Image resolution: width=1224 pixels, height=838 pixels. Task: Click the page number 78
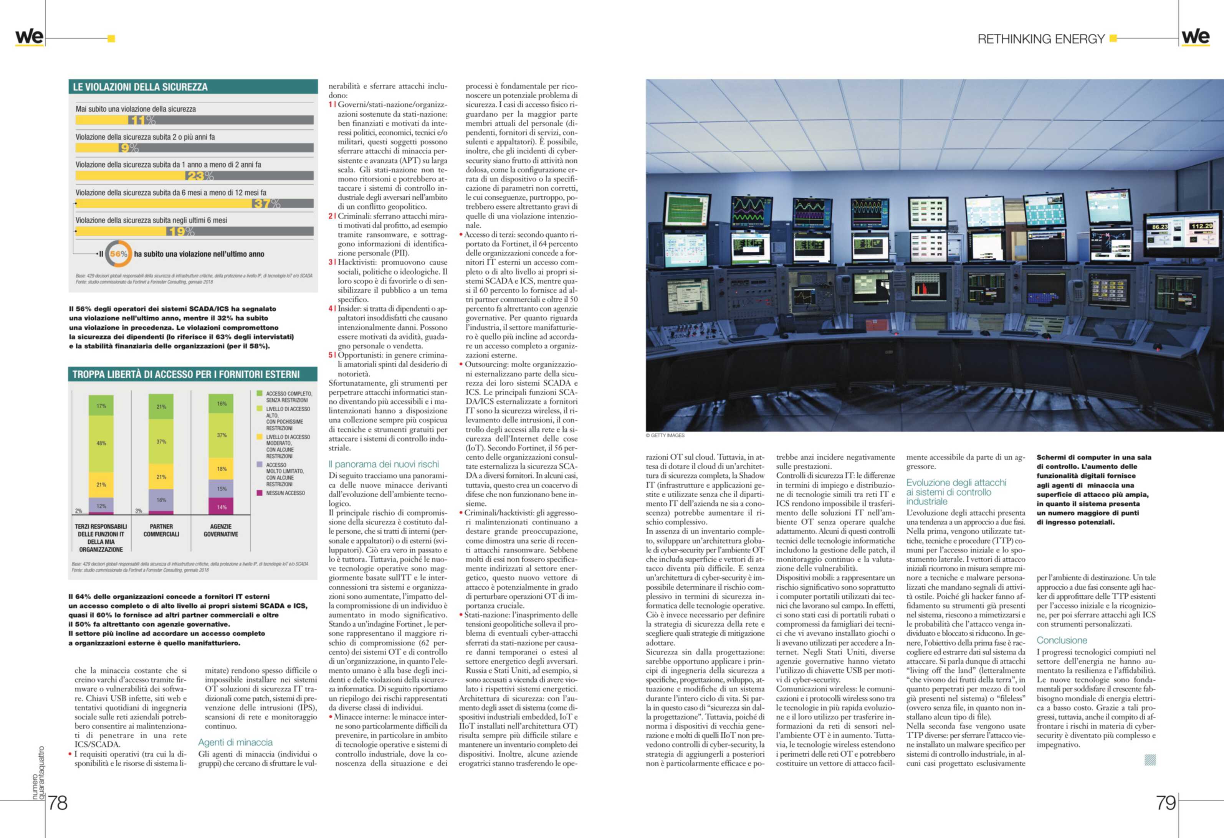pyautogui.click(x=58, y=803)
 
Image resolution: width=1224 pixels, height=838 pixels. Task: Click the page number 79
pyautogui.click(x=1166, y=803)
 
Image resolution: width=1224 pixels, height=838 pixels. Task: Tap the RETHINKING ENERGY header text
pyautogui.click(x=1041, y=39)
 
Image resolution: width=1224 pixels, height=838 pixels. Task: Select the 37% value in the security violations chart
pyautogui.click(x=266, y=203)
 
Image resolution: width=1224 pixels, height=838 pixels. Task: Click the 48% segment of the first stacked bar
pyautogui.click(x=101, y=443)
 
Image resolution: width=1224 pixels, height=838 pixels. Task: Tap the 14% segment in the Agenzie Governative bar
pyautogui.click(x=222, y=507)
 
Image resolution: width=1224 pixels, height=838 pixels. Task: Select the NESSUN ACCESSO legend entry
pyautogui.click(x=285, y=493)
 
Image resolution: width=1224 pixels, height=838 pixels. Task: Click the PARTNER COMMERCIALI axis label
pyautogui.click(x=161, y=530)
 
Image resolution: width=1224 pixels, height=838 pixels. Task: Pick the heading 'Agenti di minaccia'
pyautogui.click(x=235, y=742)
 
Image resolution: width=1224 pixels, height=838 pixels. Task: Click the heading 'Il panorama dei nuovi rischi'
pyautogui.click(x=384, y=464)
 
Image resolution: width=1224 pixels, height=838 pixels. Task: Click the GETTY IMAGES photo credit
pyautogui.click(x=665, y=435)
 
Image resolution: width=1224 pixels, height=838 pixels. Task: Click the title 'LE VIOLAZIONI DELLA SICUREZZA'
pyautogui.click(x=140, y=87)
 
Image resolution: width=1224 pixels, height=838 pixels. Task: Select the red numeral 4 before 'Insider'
pyautogui.click(x=330, y=309)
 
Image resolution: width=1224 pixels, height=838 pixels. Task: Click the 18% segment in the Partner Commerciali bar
pyautogui.click(x=161, y=500)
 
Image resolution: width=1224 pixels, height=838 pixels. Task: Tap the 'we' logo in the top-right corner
pyautogui.click(x=1196, y=37)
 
